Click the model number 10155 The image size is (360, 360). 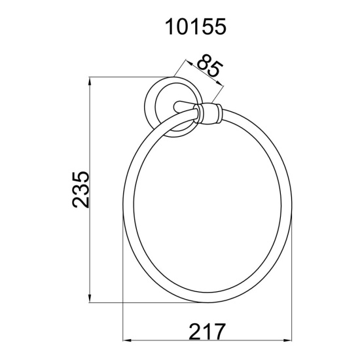coord(196,27)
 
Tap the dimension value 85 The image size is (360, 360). coord(209,65)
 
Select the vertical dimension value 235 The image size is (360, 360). coord(81,189)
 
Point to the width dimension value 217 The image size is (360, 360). coord(206,331)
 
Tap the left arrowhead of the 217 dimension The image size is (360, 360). coord(127,340)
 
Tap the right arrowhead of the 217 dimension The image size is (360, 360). coord(287,340)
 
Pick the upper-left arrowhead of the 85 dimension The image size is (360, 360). coord(189,62)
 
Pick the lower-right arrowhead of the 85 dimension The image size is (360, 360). coord(219,83)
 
